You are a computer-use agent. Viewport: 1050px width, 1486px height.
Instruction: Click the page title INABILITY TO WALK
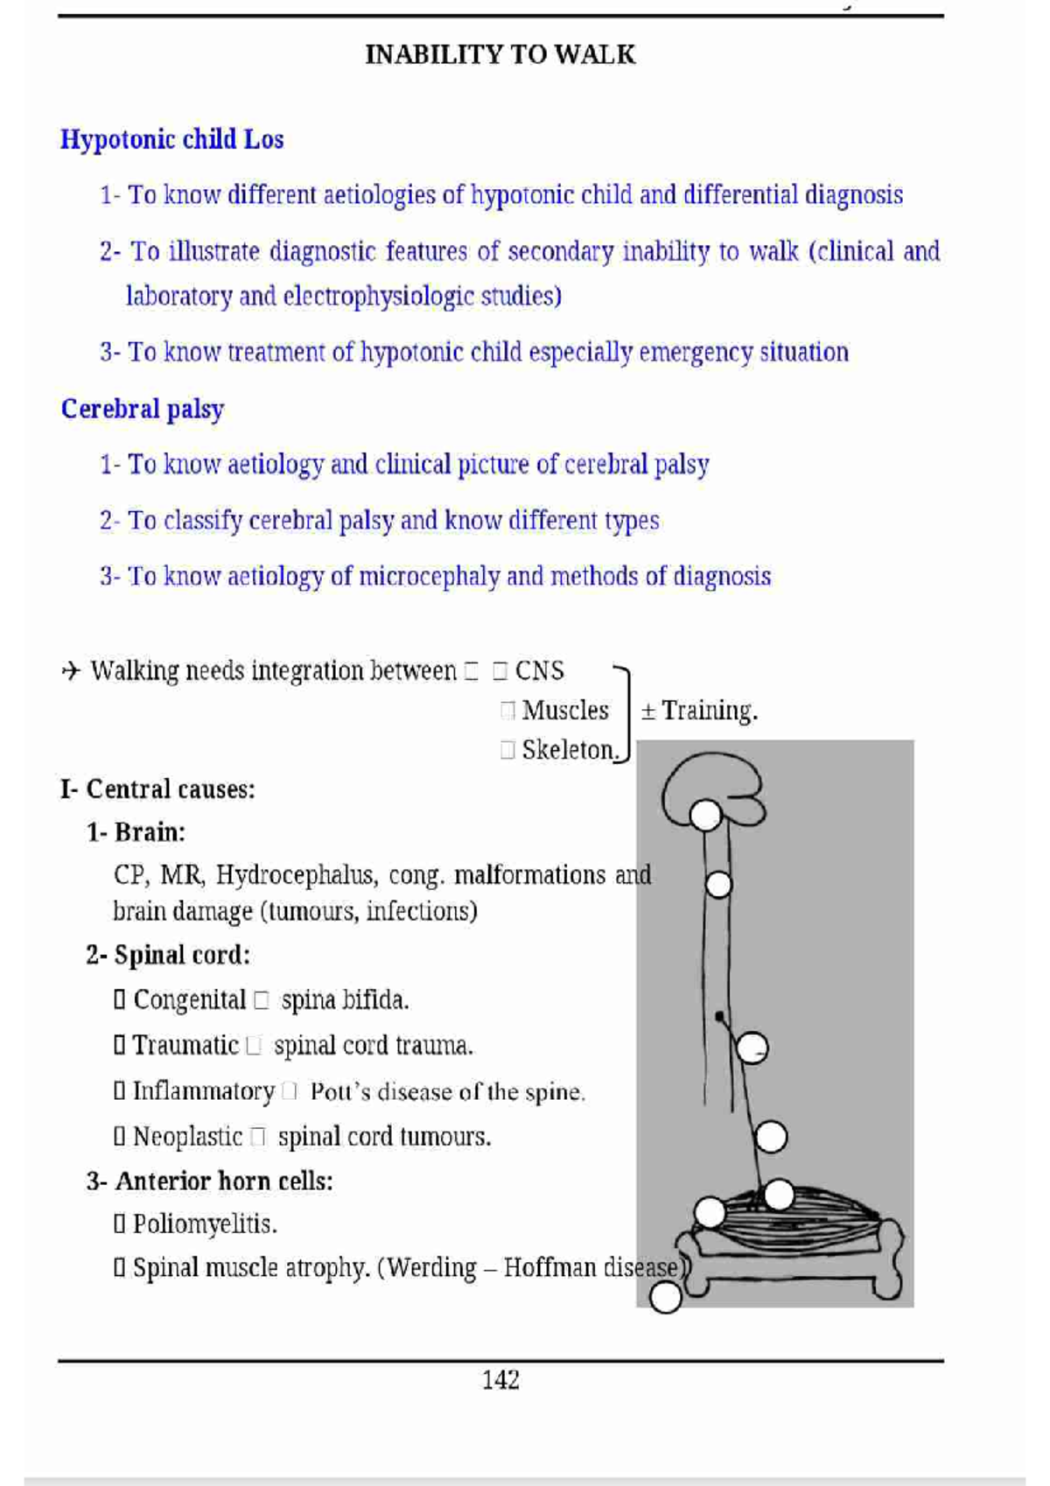pyautogui.click(x=500, y=55)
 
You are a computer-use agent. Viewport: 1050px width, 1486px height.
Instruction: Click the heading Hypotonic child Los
pyautogui.click(x=171, y=140)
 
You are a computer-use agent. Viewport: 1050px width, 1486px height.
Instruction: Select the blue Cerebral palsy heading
pyautogui.click(x=143, y=410)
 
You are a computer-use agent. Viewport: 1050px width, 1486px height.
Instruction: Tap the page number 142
pyautogui.click(x=500, y=1380)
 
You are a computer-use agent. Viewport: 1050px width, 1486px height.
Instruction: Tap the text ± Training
pyautogui.click(x=699, y=711)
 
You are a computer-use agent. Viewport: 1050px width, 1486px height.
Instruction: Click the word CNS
pyautogui.click(x=539, y=671)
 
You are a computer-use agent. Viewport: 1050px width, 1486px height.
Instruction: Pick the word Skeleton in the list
pyautogui.click(x=570, y=750)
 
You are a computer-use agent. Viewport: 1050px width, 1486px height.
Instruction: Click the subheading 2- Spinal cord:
pyautogui.click(x=168, y=956)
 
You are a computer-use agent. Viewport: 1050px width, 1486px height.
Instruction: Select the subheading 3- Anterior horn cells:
pyautogui.click(x=210, y=1181)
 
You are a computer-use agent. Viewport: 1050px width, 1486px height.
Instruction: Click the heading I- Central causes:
pyautogui.click(x=157, y=789)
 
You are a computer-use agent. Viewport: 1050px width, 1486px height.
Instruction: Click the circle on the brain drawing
pyautogui.click(x=705, y=816)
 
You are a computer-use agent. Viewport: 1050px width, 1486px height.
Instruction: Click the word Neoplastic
pyautogui.click(x=187, y=1137)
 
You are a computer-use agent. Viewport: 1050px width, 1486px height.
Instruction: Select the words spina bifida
pyautogui.click(x=345, y=1000)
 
